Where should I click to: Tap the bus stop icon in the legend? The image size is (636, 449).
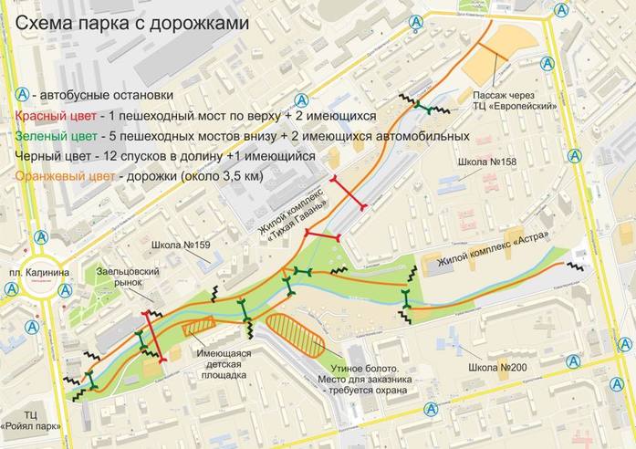tap(22, 96)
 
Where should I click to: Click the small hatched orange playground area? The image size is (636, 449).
tap(198, 325)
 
